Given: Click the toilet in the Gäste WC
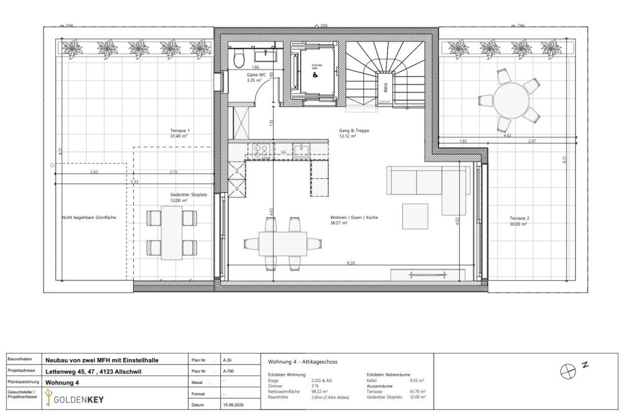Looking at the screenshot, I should pyautogui.click(x=239, y=58).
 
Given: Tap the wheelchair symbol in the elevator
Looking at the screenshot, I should pyautogui.click(x=313, y=71).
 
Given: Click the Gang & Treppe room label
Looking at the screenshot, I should pyautogui.click(x=347, y=133).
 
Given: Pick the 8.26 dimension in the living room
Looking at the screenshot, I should pyautogui.click(x=351, y=263).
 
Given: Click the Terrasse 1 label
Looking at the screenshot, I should pyautogui.click(x=179, y=132).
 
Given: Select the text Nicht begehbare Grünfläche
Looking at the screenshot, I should pyautogui.click(x=89, y=217).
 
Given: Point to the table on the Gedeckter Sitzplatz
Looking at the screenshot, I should pyautogui.click(x=171, y=233).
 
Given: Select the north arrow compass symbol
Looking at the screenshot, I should pyautogui.click(x=567, y=371).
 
